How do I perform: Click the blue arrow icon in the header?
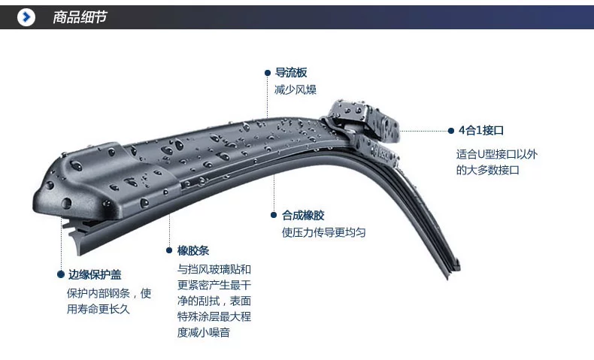click(26, 16)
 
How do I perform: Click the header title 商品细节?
click(80, 17)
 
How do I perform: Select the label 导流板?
click(291, 73)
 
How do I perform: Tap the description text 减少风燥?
click(295, 89)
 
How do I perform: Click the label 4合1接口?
click(480, 130)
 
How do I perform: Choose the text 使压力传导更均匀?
click(324, 232)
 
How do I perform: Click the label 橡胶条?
click(193, 250)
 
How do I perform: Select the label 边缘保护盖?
click(95, 274)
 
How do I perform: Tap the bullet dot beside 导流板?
click(268, 73)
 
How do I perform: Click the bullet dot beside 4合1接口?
click(450, 130)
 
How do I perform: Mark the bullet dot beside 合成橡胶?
click(274, 215)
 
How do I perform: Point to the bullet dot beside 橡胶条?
click(169, 250)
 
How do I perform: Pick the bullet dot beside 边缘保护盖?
click(61, 274)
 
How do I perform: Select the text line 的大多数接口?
click(487, 170)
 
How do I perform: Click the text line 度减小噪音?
click(204, 331)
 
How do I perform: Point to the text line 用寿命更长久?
click(98, 308)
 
